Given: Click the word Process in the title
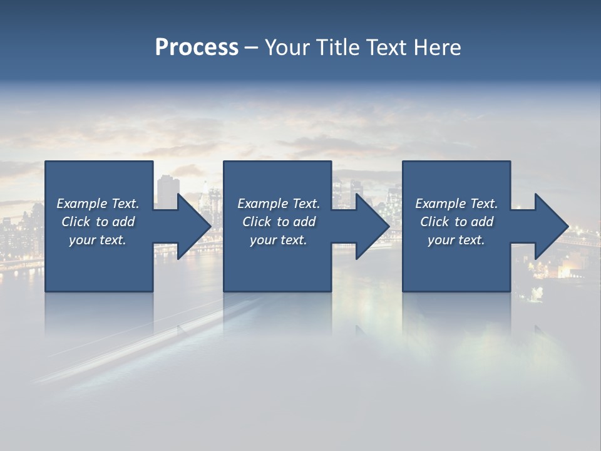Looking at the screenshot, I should click(x=197, y=48).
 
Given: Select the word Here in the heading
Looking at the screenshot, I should click(x=437, y=48).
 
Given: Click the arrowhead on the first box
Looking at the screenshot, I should click(x=194, y=226).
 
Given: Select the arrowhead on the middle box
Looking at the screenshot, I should click(x=372, y=226).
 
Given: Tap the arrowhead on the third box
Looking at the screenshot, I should click(x=551, y=226).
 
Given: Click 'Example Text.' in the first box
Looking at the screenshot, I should click(x=98, y=204).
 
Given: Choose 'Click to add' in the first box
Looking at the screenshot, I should click(x=98, y=222).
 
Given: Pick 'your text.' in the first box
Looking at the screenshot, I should click(x=98, y=240).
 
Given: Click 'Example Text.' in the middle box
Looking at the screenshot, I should click(x=279, y=204).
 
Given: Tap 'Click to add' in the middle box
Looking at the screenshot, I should click(x=279, y=222).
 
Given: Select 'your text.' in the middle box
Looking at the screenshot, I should click(x=279, y=240).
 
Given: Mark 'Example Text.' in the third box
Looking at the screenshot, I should click(x=456, y=204).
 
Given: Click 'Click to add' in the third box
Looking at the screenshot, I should click(x=456, y=222).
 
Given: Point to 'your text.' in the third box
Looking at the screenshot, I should click(x=456, y=240).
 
